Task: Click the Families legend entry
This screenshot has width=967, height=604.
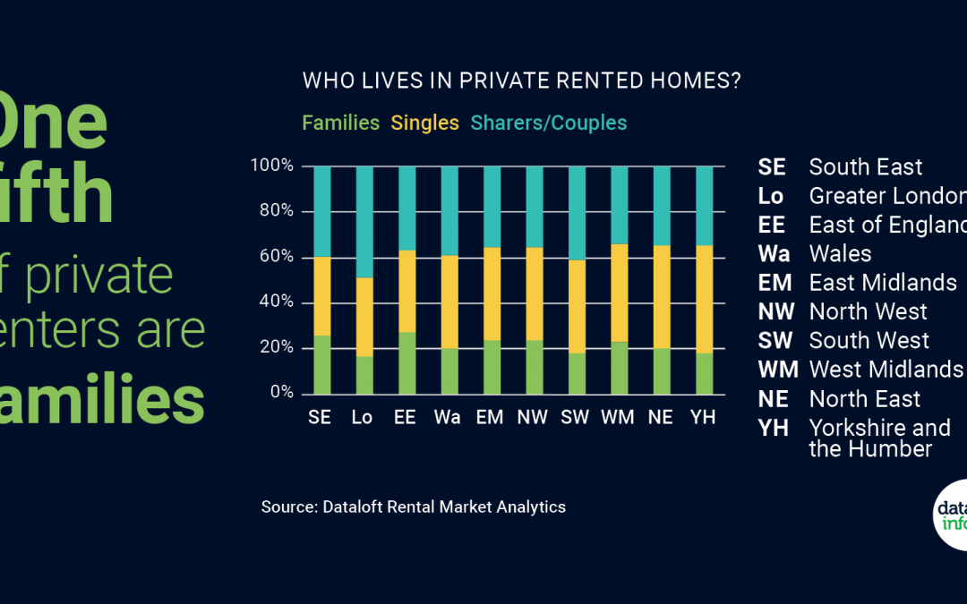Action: click(x=340, y=123)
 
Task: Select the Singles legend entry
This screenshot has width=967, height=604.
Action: click(x=424, y=123)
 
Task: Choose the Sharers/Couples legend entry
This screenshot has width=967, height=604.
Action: click(x=549, y=123)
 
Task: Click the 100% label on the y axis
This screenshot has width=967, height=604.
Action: click(x=271, y=166)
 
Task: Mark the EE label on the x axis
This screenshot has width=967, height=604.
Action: click(x=405, y=418)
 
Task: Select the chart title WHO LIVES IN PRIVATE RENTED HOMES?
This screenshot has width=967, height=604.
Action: click(x=521, y=81)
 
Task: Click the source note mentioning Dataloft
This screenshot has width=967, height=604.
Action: click(x=413, y=506)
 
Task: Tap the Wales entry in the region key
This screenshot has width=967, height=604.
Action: click(x=840, y=253)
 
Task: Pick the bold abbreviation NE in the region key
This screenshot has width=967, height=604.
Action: click(x=774, y=399)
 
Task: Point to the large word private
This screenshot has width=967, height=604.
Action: click(x=98, y=276)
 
